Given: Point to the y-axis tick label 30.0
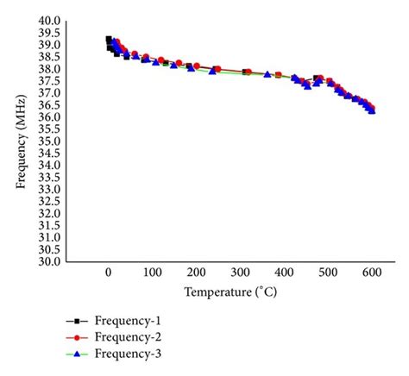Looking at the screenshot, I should click(49, 261).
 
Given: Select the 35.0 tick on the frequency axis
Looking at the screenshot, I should click(49, 141).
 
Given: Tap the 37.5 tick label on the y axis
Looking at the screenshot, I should click(49, 81).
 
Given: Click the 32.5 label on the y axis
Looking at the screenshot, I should click(49, 201).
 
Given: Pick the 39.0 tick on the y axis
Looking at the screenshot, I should click(49, 45).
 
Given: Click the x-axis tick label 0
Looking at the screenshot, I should click(108, 273).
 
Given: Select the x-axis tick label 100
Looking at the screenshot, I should click(152, 273).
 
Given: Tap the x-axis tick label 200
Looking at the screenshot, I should click(196, 273).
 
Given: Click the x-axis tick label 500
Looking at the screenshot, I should click(327, 273).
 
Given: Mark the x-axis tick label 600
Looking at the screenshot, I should click(371, 273).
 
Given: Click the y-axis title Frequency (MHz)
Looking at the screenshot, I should click(20, 141).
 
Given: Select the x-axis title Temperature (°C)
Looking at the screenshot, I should click(239, 293).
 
